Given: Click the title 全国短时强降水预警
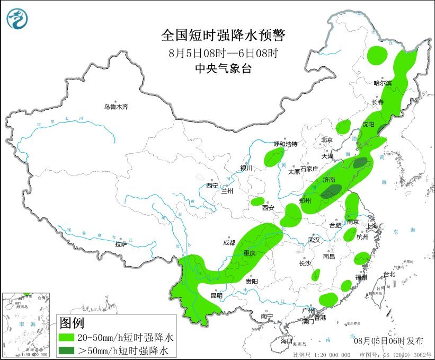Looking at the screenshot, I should coord(223,36).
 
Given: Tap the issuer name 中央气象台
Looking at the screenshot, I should coord(223,68).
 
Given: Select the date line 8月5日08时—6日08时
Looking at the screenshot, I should coord(223,52).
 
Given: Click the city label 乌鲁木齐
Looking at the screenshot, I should coord(116,107).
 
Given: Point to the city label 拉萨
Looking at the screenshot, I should coord(121,244).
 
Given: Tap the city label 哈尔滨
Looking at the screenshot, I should coord(382,83).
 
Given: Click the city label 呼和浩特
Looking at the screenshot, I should coord(285,144).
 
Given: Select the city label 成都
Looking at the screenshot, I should coord(229,242).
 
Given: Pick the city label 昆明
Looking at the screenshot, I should coord(217,295).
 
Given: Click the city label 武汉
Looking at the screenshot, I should coord(314,240).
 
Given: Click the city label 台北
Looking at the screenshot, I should coord(389,274).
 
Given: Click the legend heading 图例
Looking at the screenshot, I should coord(72,322).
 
